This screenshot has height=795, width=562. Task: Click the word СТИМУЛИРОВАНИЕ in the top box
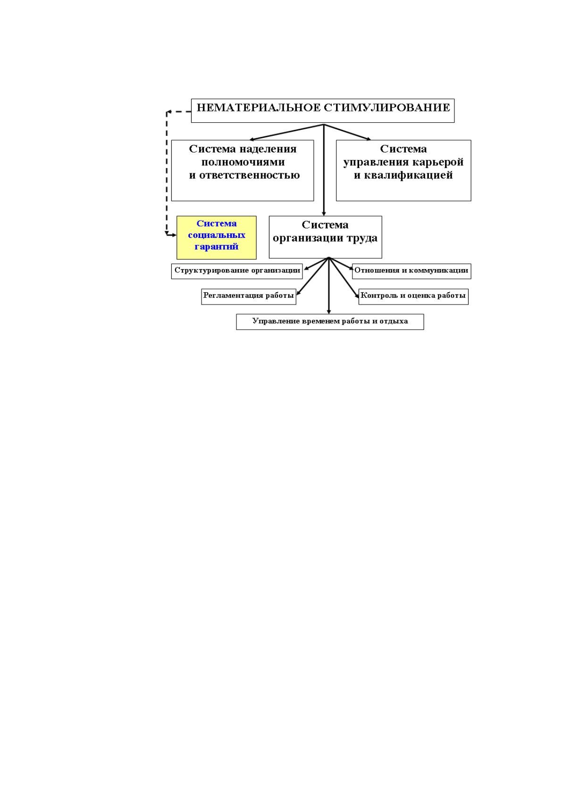click(388, 108)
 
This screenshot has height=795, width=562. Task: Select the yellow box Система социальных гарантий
click(217, 237)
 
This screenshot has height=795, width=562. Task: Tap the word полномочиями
click(243, 162)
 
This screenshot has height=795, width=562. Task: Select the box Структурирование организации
click(237, 271)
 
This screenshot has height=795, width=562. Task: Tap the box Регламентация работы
click(249, 296)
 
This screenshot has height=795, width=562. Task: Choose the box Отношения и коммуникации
click(411, 271)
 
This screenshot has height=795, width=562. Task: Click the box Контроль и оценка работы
click(413, 296)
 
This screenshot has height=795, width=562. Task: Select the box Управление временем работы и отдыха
click(330, 322)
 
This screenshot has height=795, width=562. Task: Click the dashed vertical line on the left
click(167, 173)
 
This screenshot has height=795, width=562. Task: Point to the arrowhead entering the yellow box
click(174, 235)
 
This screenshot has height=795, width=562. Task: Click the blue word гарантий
click(217, 246)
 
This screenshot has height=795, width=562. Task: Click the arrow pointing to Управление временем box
click(329, 286)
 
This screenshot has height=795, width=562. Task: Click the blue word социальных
click(217, 235)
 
